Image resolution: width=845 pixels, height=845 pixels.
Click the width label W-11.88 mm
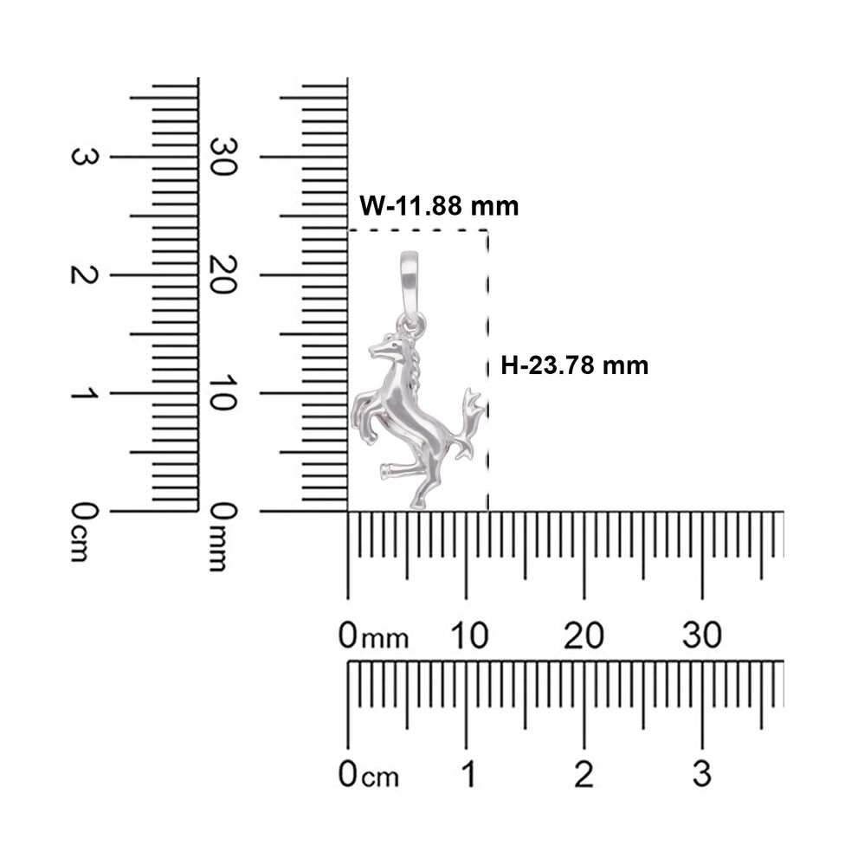pos(439,206)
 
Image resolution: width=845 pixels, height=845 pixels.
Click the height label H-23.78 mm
pos(575,365)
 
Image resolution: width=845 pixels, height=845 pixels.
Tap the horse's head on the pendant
pos(388,347)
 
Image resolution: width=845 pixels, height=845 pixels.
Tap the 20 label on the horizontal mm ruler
pos(584,635)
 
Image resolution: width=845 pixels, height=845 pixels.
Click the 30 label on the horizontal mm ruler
pos(701,635)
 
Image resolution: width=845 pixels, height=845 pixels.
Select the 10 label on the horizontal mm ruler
pos(469,635)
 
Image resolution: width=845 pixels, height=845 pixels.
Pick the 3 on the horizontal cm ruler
pos(701,774)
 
